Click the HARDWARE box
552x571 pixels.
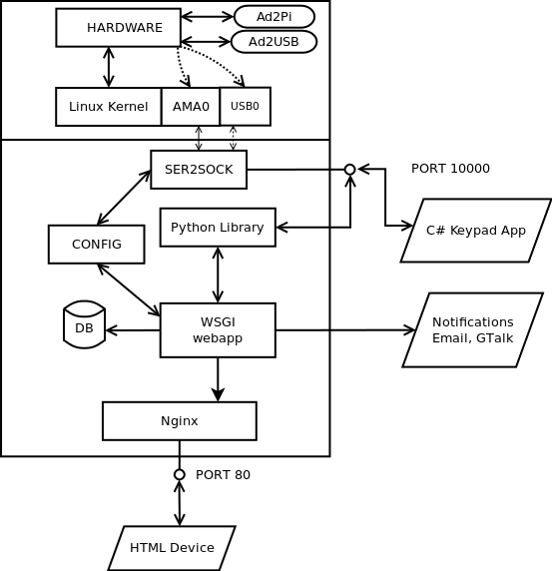[x=119, y=28]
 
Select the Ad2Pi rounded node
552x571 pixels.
[x=275, y=17]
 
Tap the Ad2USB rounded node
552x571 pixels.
[x=274, y=42]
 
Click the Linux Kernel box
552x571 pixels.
[x=109, y=107]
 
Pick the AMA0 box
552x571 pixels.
[x=191, y=107]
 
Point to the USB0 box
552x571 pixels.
[x=246, y=107]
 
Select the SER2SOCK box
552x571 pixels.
[x=199, y=170]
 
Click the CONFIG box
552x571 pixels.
[x=97, y=245]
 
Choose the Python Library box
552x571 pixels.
[x=218, y=228]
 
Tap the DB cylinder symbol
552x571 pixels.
[x=85, y=324]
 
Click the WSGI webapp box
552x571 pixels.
[x=218, y=330]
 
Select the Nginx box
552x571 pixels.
[x=180, y=421]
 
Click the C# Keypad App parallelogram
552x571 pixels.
[x=476, y=231]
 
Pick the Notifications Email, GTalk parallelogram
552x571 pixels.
[x=473, y=330]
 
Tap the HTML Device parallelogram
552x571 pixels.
[x=172, y=548]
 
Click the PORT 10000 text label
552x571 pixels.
[x=450, y=169]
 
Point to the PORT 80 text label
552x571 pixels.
[x=223, y=475]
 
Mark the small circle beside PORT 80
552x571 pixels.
[x=179, y=475]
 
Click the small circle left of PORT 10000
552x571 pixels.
[x=350, y=170]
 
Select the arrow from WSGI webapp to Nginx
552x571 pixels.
[x=218, y=379]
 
